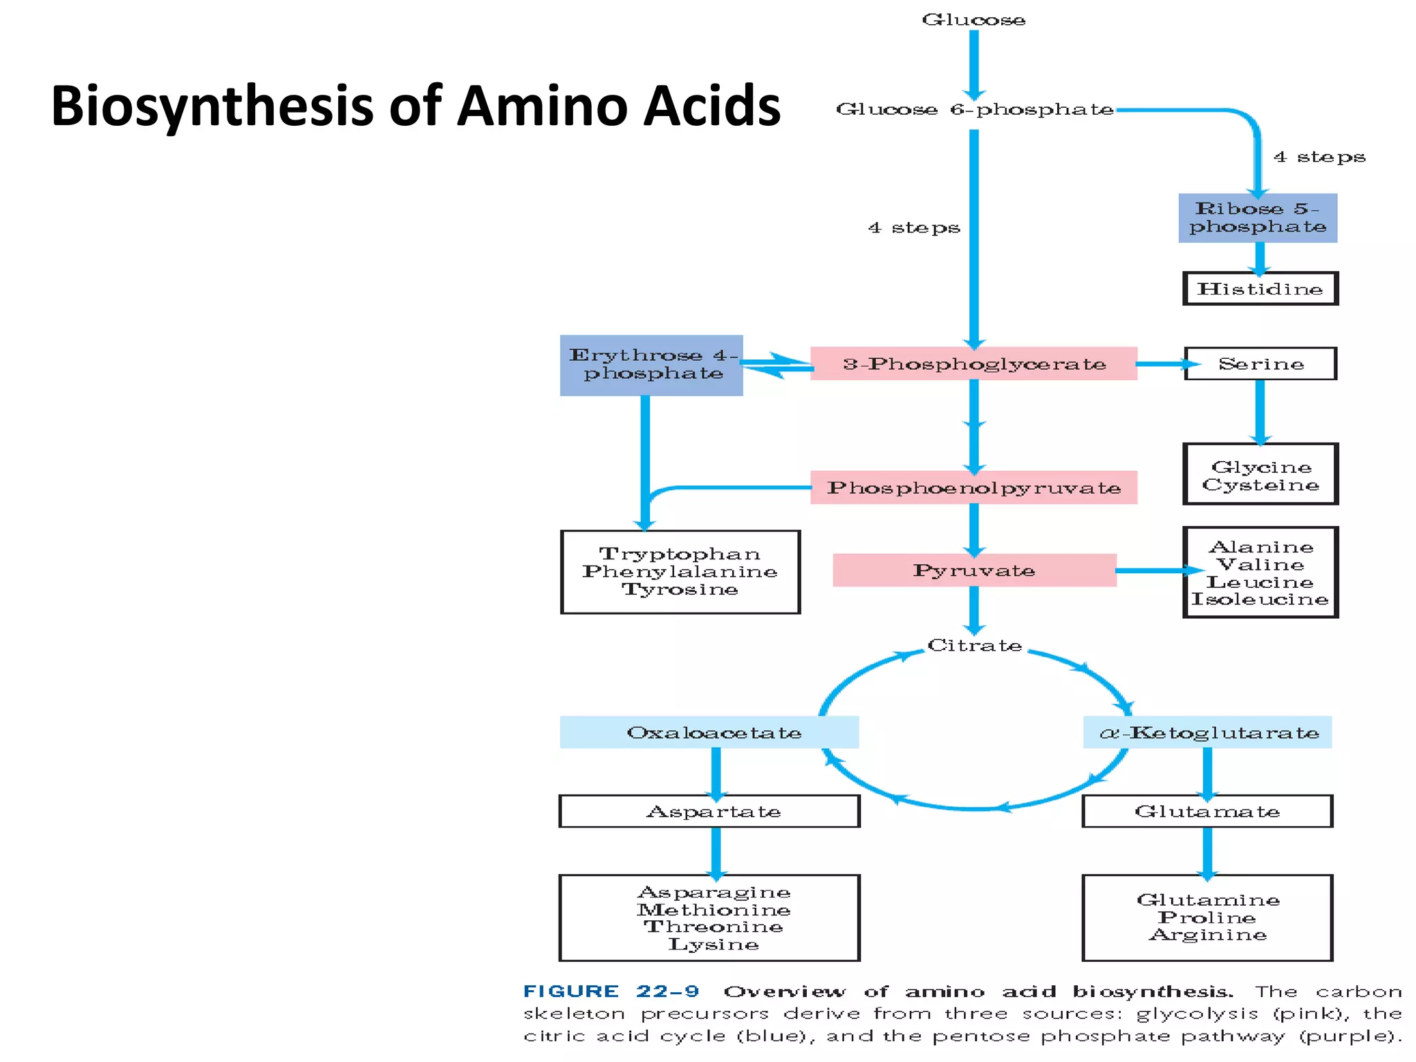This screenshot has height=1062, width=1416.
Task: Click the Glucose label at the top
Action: (973, 20)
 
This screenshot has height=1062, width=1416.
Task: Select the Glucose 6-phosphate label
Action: (974, 109)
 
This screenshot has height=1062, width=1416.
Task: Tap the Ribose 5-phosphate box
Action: (1257, 218)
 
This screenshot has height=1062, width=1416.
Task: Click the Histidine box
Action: (1260, 289)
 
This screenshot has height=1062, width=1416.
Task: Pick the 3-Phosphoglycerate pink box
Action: (973, 364)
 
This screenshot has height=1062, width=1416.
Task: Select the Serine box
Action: (1260, 364)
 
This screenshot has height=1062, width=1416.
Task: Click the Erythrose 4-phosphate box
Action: (651, 365)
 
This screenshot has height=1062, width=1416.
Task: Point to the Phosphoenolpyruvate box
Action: (973, 488)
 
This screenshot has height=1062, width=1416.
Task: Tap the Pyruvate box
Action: (973, 570)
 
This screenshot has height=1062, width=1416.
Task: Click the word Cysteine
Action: (1260, 485)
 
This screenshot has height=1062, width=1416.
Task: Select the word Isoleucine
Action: (1260, 599)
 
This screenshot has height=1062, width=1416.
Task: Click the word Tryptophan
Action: (680, 554)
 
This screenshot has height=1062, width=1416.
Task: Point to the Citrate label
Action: (974, 645)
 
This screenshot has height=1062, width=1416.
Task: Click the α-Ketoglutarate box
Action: (1207, 732)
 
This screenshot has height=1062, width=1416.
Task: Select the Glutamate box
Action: (1207, 811)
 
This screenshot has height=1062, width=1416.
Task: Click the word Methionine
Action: (714, 910)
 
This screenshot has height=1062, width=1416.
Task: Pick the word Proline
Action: (1207, 917)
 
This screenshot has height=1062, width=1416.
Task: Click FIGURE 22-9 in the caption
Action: (611, 991)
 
